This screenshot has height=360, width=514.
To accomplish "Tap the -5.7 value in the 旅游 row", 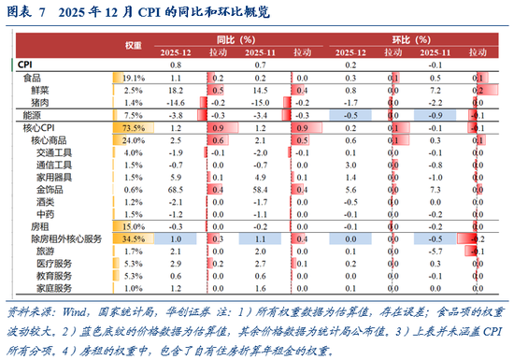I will (433, 252).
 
